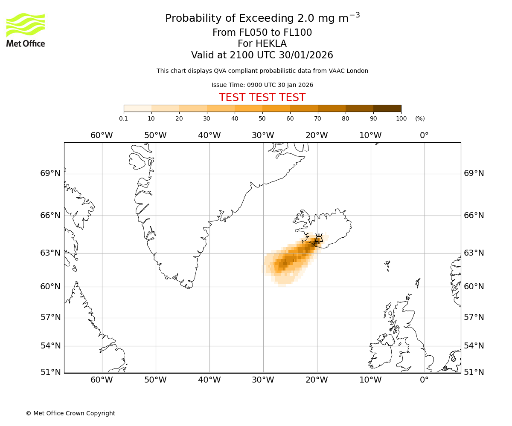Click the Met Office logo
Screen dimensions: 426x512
(x=26, y=30)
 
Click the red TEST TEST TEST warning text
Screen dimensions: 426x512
(x=262, y=98)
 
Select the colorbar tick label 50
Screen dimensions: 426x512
(x=262, y=118)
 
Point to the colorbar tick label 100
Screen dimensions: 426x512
(x=401, y=118)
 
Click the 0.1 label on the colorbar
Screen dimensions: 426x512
(x=124, y=118)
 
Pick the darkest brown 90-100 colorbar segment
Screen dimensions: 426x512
(x=387, y=109)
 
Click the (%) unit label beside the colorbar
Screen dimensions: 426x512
(x=420, y=118)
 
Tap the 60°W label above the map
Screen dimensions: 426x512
(x=102, y=135)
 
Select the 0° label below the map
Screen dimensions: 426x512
(x=424, y=380)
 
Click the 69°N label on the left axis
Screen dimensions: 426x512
(x=50, y=173)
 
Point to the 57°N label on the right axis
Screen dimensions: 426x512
(x=474, y=317)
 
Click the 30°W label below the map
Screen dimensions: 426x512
(x=263, y=380)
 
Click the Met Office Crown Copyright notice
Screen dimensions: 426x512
(x=70, y=413)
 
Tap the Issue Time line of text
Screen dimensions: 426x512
(x=262, y=85)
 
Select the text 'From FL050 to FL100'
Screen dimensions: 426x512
(x=262, y=33)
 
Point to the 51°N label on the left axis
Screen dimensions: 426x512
(x=50, y=372)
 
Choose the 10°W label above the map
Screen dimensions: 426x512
(x=370, y=135)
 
